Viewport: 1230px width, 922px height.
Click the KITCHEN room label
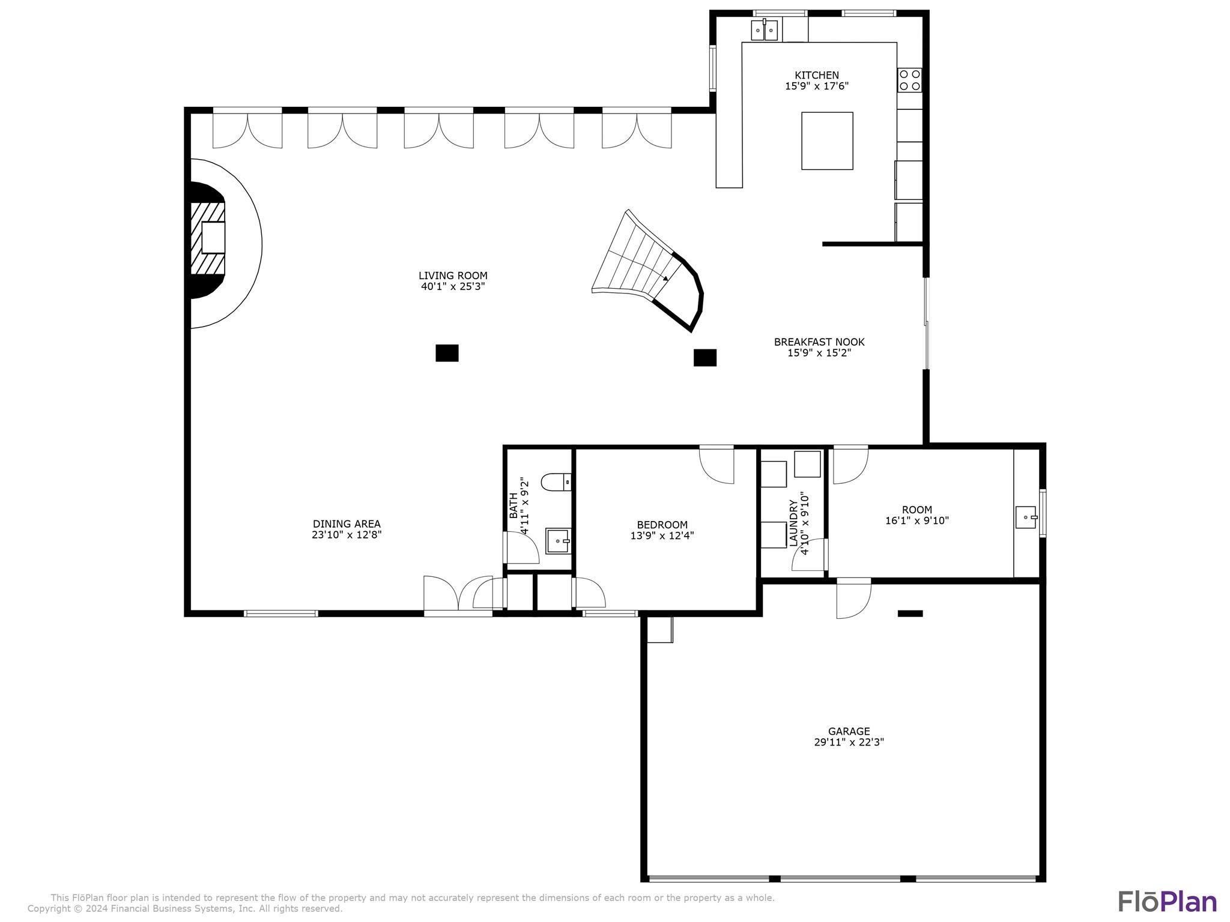(x=816, y=76)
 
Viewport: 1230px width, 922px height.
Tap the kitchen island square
(x=827, y=141)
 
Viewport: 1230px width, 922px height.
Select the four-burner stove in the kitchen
(x=909, y=80)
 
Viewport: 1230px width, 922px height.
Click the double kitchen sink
(x=764, y=30)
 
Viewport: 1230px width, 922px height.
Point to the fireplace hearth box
(x=213, y=238)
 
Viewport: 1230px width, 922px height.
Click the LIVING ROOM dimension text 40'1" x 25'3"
(x=453, y=287)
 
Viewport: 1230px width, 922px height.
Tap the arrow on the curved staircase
(x=665, y=278)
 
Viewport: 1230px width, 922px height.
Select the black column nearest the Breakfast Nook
(x=704, y=358)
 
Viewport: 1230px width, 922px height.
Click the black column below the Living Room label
(x=447, y=353)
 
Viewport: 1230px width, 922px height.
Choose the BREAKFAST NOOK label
(x=819, y=342)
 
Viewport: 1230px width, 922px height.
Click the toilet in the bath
(x=556, y=482)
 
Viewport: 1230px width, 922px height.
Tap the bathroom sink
(x=558, y=541)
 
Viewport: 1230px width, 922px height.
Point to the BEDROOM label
(x=662, y=525)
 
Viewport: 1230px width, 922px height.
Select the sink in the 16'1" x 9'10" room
(x=1026, y=517)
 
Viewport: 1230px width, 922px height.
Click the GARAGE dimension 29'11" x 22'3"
(x=849, y=742)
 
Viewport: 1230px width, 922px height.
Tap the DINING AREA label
(x=347, y=524)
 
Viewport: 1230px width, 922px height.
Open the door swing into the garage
(x=853, y=600)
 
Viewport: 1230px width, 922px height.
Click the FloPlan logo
(x=1167, y=902)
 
